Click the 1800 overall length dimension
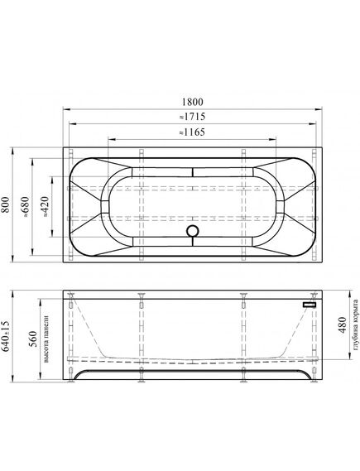[x=193, y=102]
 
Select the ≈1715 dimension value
[x=193, y=117]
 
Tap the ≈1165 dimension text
[x=192, y=132]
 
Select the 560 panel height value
[x=33, y=339]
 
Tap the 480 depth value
[x=343, y=325]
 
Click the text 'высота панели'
[x=46, y=339]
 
